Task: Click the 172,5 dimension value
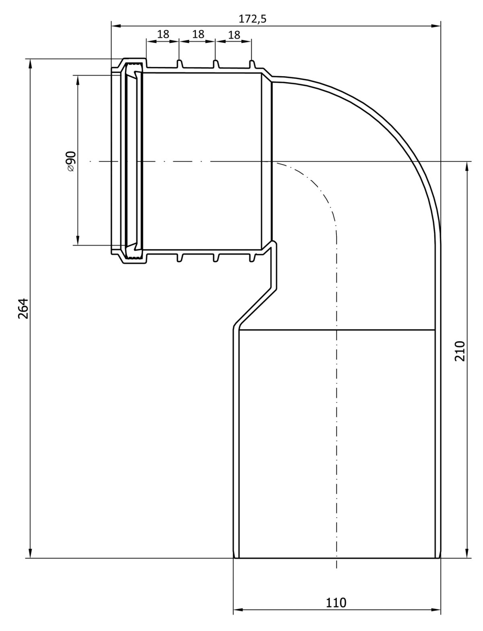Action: pos(252,19)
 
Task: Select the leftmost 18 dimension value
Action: pos(163,34)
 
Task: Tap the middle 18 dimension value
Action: pos(198,34)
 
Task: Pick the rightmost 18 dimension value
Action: pos(234,35)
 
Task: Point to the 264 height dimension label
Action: pos(23,308)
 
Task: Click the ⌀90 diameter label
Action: pos(71,161)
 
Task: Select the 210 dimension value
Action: pos(460,351)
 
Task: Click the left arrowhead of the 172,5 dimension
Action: pos(116,26)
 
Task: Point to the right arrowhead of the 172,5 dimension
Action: pos(436,26)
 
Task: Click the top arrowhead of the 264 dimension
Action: pos(31,64)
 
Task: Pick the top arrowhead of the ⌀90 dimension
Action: pos(78,80)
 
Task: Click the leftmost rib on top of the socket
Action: pos(180,64)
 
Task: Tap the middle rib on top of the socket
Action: pos(216,64)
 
